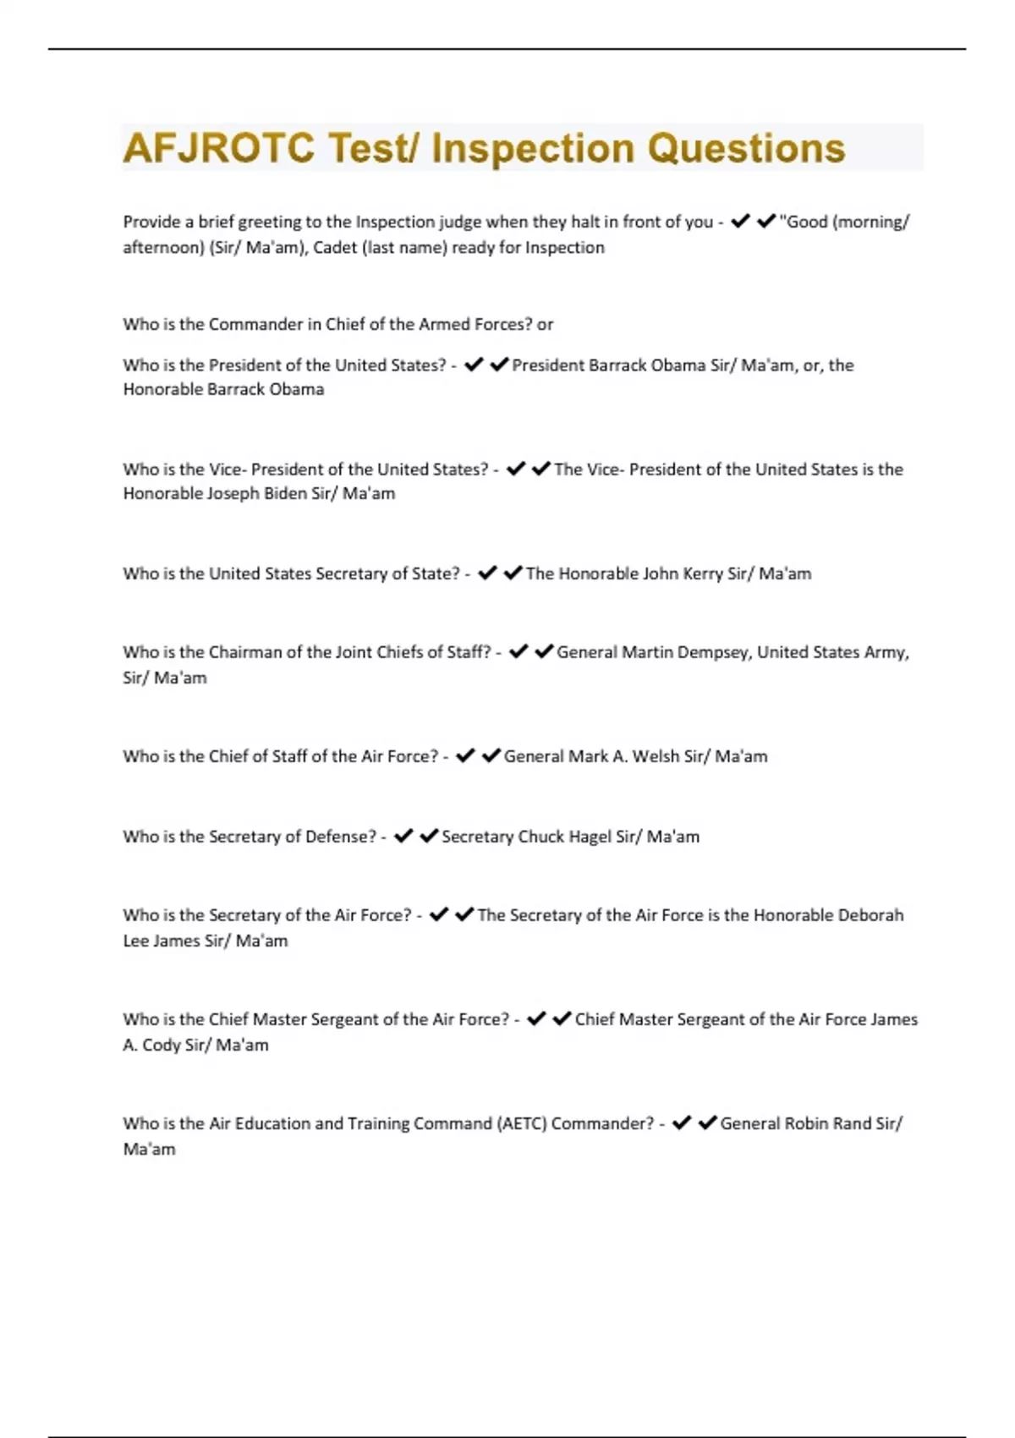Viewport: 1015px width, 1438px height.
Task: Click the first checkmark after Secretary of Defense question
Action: pos(403,836)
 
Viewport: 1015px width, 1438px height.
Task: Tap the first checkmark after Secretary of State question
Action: pos(487,573)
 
